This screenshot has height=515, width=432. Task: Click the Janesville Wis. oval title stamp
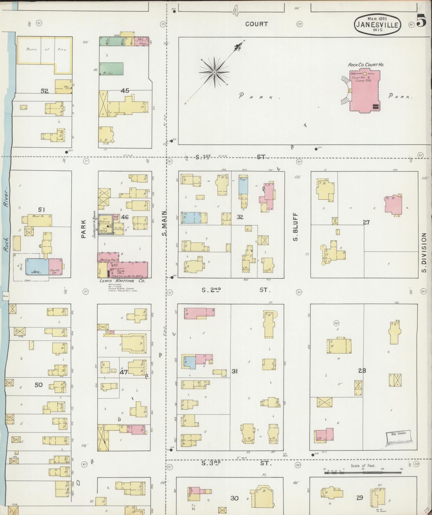378,25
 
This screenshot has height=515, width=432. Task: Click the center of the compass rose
214,72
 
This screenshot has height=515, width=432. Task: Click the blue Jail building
37,267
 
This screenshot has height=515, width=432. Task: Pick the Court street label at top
256,24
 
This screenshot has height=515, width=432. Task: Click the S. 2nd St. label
236,290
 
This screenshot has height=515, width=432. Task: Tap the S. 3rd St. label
236,464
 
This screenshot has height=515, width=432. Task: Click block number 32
240,217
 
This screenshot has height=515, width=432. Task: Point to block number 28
362,370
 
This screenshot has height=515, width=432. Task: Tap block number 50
39,385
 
